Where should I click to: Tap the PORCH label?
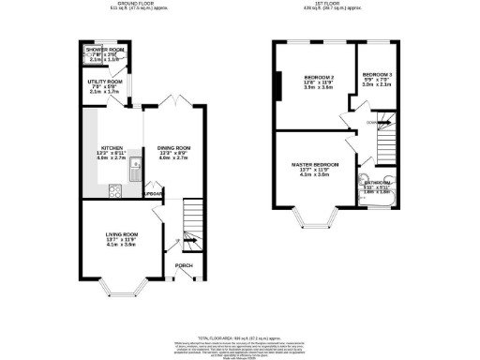pos(185,265)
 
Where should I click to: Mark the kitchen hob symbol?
pos(114,190)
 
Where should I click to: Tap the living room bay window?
pos(122,284)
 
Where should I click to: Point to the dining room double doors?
pos(169,99)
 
